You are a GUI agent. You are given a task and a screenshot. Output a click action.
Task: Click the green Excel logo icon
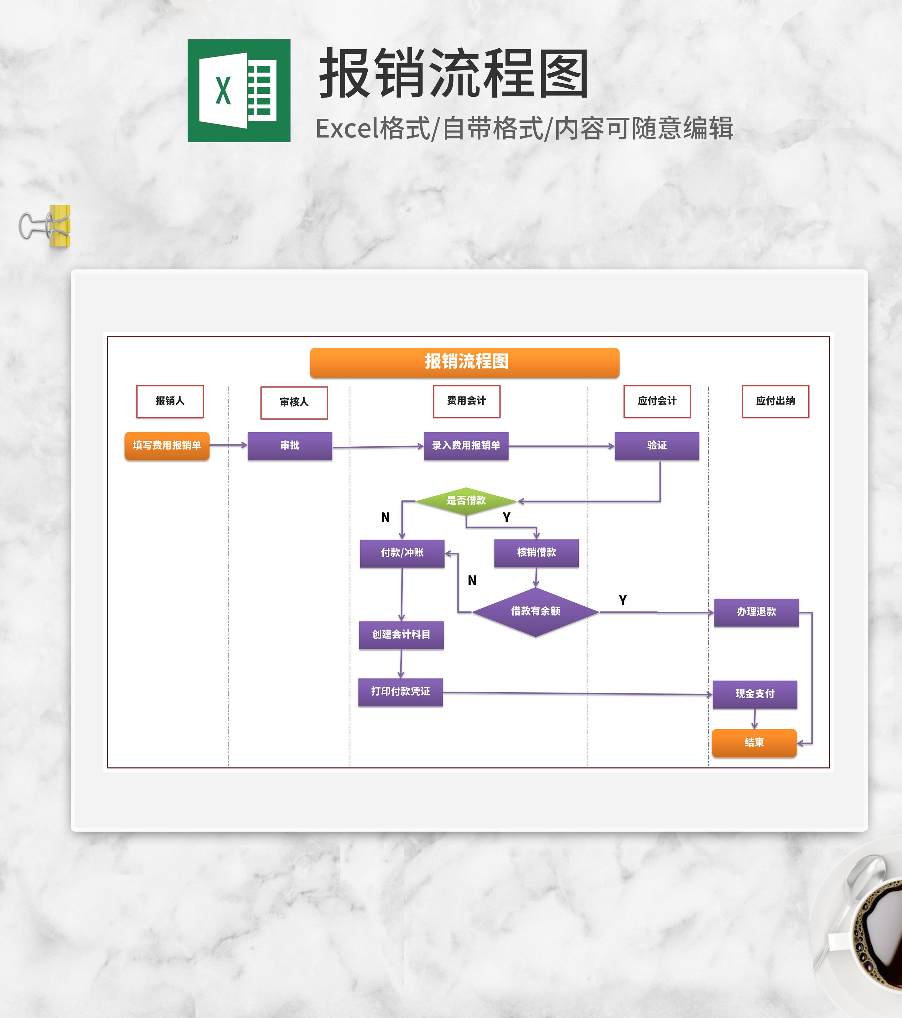[239, 91]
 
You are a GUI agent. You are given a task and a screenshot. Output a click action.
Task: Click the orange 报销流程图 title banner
[464, 362]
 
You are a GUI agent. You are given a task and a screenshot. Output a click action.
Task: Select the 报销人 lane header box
[170, 401]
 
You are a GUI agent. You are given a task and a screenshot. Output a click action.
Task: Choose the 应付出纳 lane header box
[775, 401]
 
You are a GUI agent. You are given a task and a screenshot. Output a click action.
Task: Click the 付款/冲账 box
[402, 553]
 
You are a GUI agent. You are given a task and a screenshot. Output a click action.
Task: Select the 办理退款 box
[756, 612]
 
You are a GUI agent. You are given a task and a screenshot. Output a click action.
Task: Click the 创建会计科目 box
[401, 635]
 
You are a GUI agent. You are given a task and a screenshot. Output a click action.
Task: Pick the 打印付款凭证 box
[401, 692]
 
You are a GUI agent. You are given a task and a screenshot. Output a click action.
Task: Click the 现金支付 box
[754, 694]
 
